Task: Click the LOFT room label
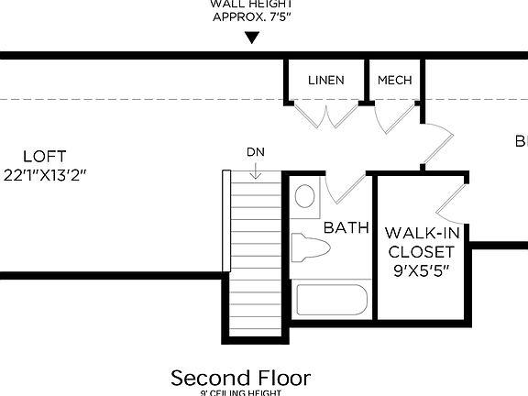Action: pyautogui.click(x=45, y=156)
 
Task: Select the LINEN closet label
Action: pyautogui.click(x=326, y=80)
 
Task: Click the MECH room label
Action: pyautogui.click(x=395, y=80)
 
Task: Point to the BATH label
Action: pyautogui.click(x=346, y=226)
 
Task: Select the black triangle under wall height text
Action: pyautogui.click(x=252, y=38)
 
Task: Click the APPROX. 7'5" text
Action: pyautogui.click(x=252, y=16)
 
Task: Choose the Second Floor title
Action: pyautogui.click(x=241, y=378)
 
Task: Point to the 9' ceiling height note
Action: pyautogui.click(x=241, y=393)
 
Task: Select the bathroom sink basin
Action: pyautogui.click(x=305, y=194)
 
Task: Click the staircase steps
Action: pyautogui.click(x=254, y=257)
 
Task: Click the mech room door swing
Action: pyautogui.click(x=392, y=115)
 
